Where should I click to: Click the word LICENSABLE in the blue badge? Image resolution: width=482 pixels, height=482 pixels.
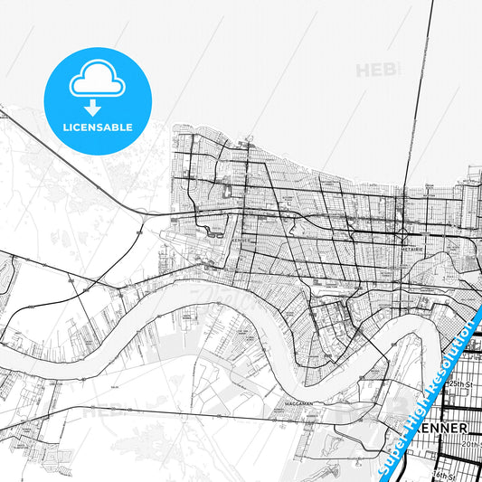tap(97, 128)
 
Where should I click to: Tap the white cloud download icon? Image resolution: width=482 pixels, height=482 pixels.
tap(97, 79)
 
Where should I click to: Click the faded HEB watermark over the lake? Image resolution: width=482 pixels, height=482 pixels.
tap(374, 70)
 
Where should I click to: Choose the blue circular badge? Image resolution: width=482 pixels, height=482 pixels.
tap(97, 100)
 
